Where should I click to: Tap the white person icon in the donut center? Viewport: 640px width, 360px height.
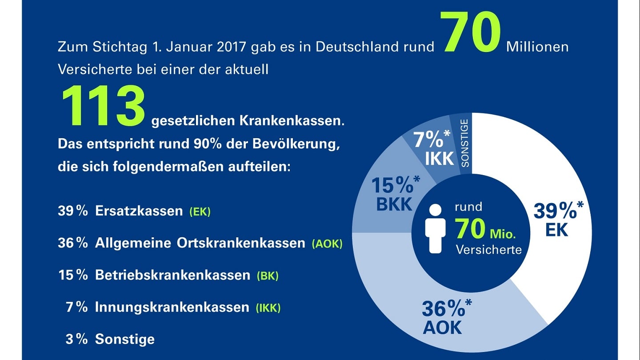pyautogui.click(x=435, y=228)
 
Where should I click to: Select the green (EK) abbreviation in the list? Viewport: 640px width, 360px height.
pyautogui.click(x=200, y=212)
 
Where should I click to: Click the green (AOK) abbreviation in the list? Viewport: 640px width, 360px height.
pyautogui.click(x=327, y=244)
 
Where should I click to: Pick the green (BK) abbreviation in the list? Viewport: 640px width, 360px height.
pyautogui.click(x=268, y=276)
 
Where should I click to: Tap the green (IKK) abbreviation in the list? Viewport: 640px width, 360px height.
pyautogui.click(x=268, y=308)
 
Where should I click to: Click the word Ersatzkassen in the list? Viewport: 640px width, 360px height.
pyautogui.click(x=139, y=211)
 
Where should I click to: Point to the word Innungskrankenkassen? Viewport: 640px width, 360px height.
pyautogui.click(x=172, y=307)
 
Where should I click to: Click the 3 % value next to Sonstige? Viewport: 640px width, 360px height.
pyautogui.click(x=76, y=339)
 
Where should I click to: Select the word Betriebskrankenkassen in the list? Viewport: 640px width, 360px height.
pyautogui.click(x=172, y=275)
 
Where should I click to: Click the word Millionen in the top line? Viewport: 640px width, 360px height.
pyautogui.click(x=537, y=47)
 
